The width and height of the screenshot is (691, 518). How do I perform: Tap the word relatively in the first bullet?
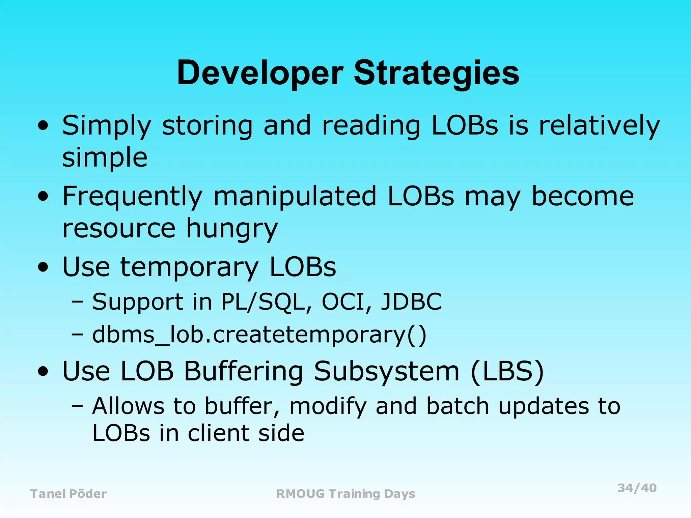click(x=599, y=125)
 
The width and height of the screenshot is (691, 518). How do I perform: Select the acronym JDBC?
click(x=411, y=301)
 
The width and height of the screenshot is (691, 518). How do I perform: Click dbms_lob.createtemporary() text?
click(x=259, y=335)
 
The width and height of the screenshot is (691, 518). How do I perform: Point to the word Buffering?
click(x=243, y=371)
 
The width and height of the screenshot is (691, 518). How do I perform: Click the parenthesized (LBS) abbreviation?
click(x=507, y=371)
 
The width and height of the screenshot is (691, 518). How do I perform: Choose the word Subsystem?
click(x=387, y=371)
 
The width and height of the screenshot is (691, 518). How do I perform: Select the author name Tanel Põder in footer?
click(x=68, y=494)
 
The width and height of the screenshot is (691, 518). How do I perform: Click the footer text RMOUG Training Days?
click(x=345, y=494)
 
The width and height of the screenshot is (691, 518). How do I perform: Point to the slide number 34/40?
click(x=637, y=488)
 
